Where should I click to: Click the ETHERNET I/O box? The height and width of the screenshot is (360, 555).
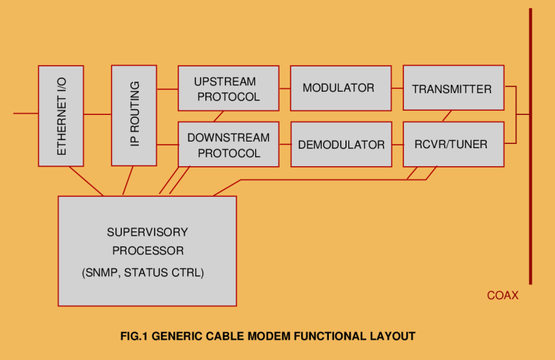pos(61,116)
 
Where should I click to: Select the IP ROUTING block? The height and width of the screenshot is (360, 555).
pos(134,115)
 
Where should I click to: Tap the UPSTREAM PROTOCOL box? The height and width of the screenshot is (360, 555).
pos(228,88)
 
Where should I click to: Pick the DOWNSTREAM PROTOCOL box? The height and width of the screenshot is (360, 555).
pos(228,145)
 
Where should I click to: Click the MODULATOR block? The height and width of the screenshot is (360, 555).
pos(340,88)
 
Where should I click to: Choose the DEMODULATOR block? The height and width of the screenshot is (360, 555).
pos(340,145)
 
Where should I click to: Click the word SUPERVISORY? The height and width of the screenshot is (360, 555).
pos(147,233)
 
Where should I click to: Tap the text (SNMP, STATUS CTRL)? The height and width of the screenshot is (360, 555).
pos(143,273)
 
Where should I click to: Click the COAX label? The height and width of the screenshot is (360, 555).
pos(502,296)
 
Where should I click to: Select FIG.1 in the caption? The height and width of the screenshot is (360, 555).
pos(135,336)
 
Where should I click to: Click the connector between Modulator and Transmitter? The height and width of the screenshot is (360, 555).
pos(397,88)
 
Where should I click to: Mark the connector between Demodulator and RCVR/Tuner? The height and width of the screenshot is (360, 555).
pos(397,145)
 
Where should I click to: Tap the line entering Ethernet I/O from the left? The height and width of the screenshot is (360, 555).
pos(25,113)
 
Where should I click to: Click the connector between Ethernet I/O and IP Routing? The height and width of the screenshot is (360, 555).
pos(97,113)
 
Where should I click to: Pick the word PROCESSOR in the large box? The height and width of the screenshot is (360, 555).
pos(147,251)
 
